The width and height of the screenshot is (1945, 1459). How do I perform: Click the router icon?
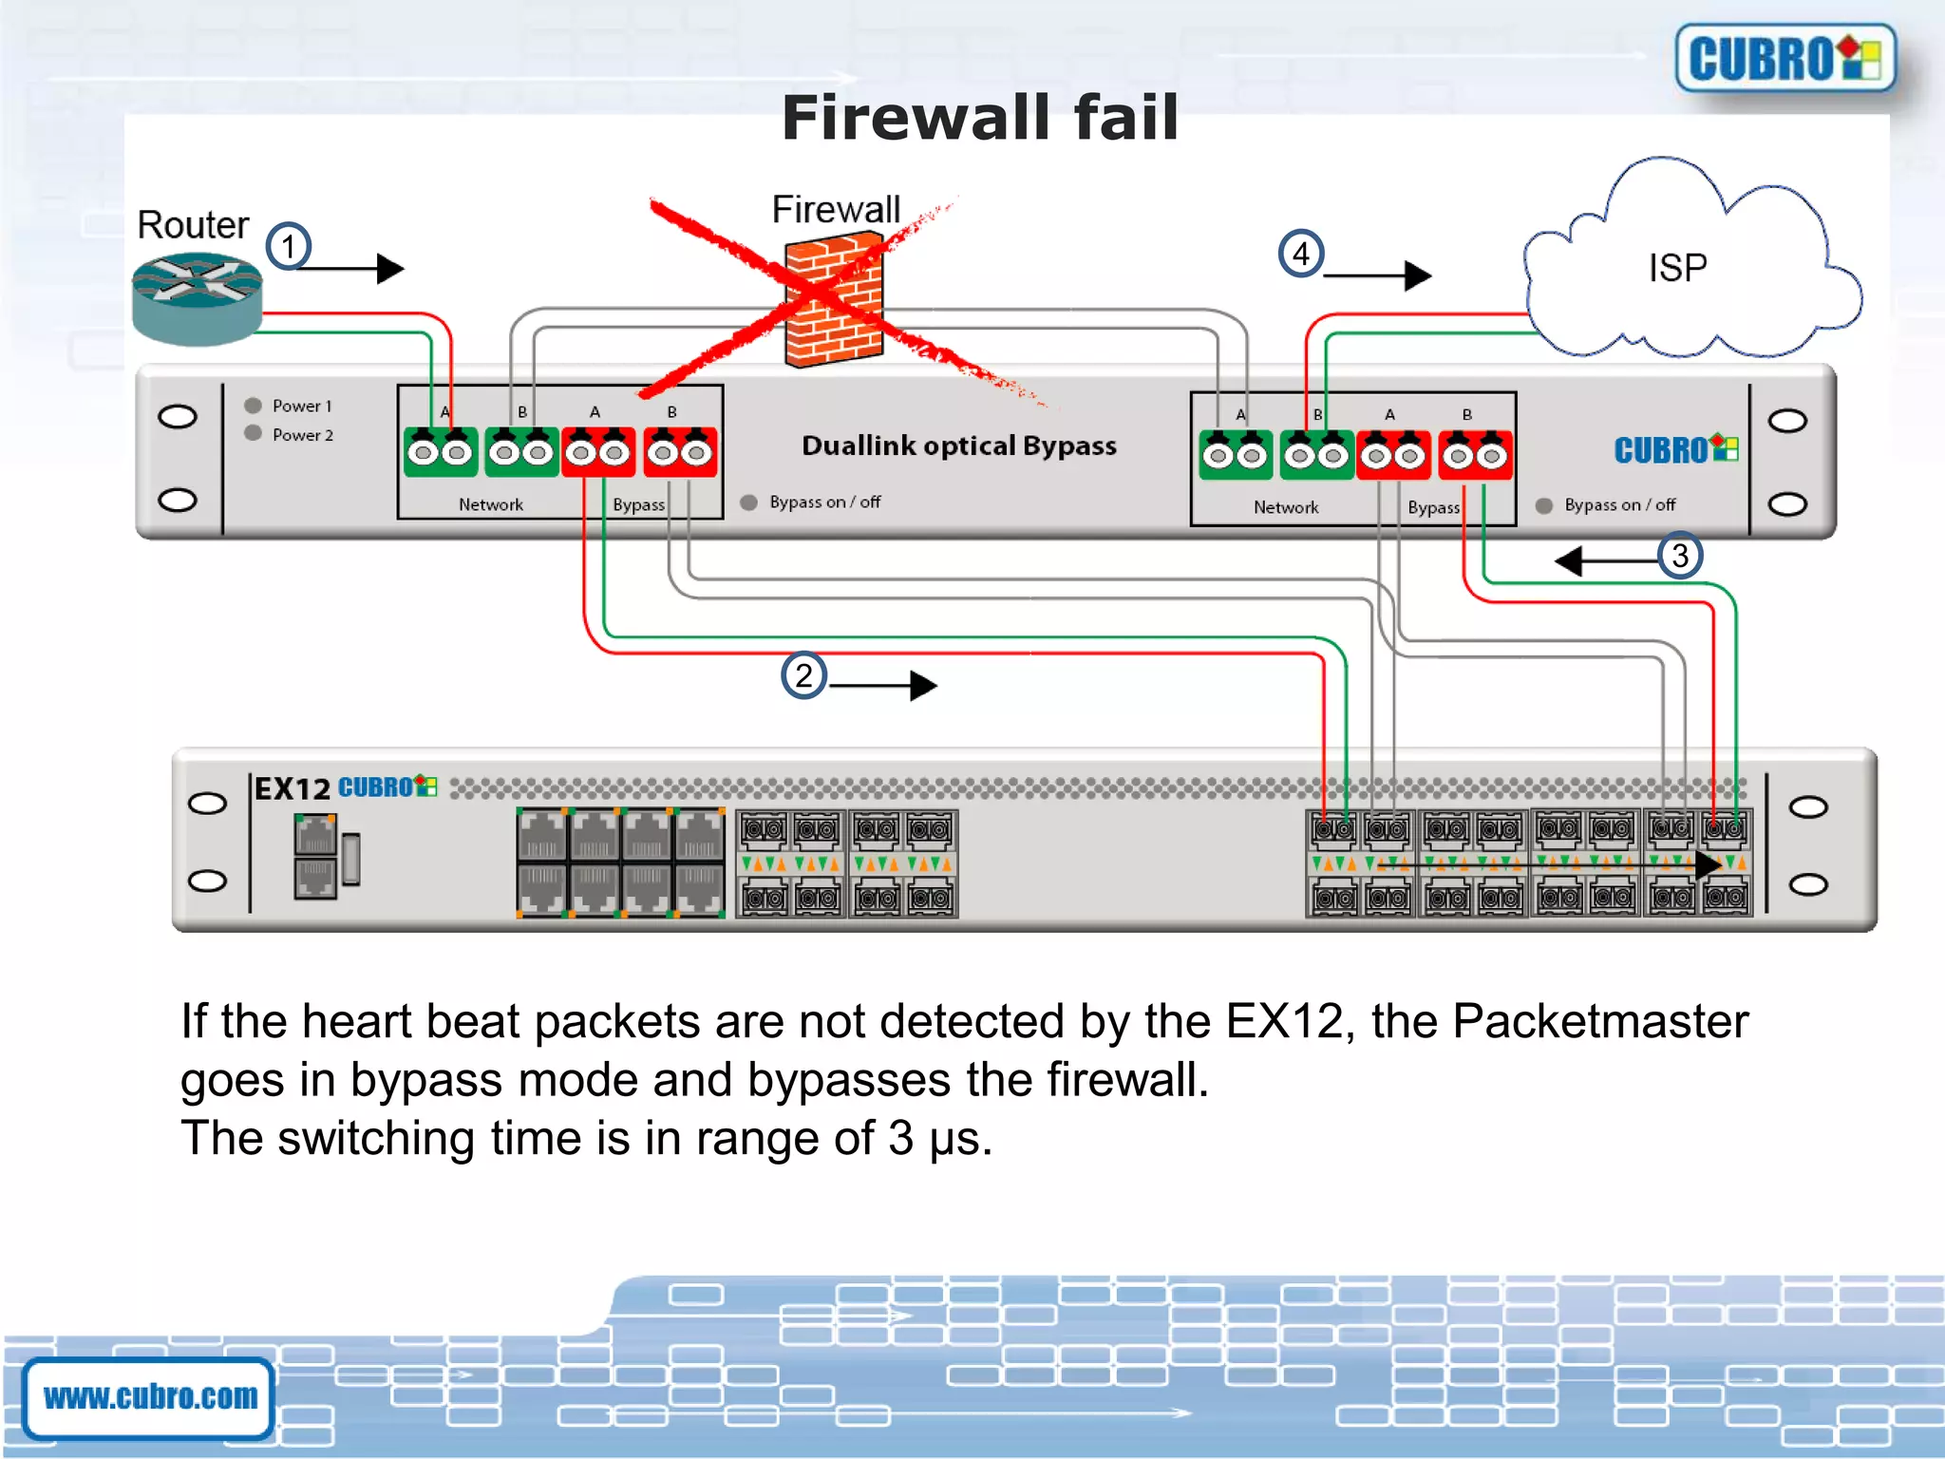[197, 297]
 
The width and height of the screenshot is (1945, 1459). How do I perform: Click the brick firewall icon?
[834, 302]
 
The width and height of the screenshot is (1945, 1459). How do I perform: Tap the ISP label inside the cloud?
[1677, 268]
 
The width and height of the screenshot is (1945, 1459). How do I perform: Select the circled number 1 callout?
[288, 247]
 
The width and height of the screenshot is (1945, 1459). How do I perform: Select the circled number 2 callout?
[803, 675]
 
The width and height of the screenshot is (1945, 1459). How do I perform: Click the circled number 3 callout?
[1679, 555]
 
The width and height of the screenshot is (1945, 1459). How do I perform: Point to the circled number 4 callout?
[1300, 254]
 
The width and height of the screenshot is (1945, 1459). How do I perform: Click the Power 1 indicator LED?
[253, 406]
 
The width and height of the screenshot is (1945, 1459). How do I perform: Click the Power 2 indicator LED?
[253, 433]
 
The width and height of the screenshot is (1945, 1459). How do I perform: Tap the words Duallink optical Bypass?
[958, 445]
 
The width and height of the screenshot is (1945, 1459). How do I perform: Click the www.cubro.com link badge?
[150, 1396]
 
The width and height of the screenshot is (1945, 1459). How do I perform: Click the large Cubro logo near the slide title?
[1784, 59]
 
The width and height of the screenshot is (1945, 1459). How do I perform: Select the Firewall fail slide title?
[979, 118]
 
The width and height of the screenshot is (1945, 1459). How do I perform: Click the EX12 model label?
[292, 788]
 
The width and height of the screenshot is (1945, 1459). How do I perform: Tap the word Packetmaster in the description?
[1599, 1022]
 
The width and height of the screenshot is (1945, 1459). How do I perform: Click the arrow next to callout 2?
[883, 685]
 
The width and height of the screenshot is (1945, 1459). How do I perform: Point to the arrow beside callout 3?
[1606, 560]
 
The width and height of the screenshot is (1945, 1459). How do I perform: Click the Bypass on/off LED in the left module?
[749, 502]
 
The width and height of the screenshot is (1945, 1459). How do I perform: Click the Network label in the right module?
[1285, 507]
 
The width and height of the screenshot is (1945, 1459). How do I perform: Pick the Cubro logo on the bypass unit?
[1675, 449]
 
